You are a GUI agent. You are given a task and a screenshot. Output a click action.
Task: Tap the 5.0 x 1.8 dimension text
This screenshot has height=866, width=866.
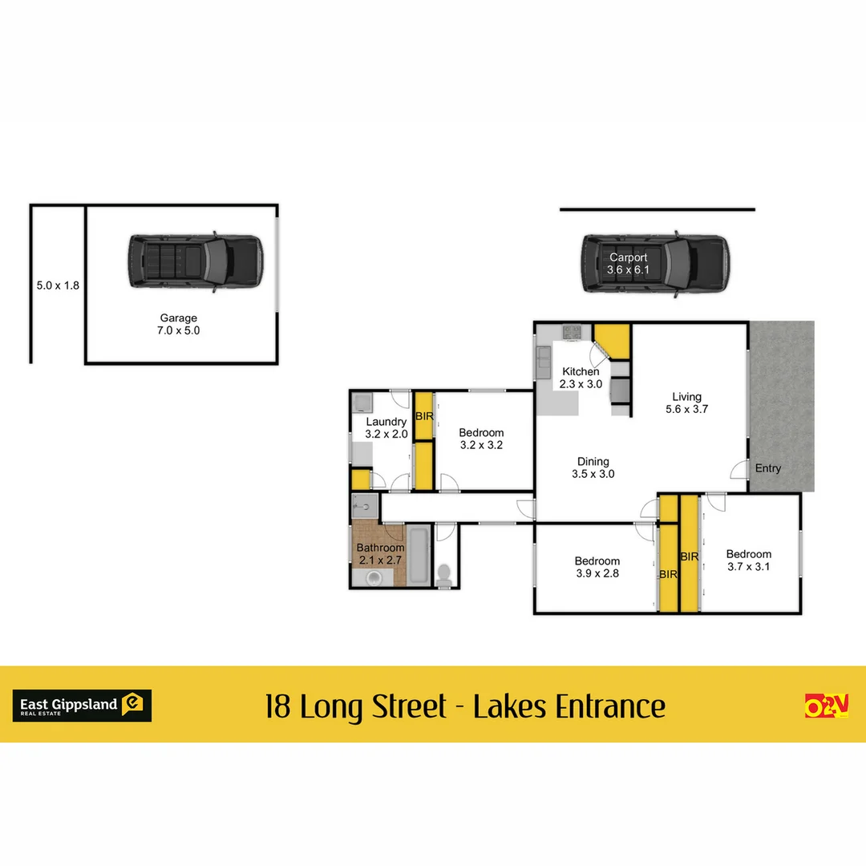(58, 285)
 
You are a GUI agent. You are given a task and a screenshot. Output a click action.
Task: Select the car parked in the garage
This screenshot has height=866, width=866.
(194, 262)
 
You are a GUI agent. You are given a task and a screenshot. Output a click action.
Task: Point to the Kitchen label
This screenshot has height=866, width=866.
(580, 378)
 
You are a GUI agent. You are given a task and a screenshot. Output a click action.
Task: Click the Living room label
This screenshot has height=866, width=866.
(686, 403)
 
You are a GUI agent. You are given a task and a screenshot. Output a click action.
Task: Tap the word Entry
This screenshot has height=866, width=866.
(767, 468)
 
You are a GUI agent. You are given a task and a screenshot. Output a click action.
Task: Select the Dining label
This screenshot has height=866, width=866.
(593, 467)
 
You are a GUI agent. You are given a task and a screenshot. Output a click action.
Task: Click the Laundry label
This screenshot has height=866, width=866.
(386, 427)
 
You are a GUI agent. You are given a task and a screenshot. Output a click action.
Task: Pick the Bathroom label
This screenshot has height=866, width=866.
(380, 554)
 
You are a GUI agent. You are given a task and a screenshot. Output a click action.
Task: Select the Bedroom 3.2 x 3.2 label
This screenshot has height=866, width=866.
(481, 439)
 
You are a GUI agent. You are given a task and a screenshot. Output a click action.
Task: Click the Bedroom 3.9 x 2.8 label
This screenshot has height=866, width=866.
(597, 567)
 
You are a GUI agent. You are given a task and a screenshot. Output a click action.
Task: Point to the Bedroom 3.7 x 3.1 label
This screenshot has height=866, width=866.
(749, 560)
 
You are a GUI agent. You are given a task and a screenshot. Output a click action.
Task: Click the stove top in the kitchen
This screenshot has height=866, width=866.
(572, 331)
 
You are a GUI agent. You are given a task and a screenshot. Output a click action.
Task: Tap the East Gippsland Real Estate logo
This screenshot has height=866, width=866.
(82, 706)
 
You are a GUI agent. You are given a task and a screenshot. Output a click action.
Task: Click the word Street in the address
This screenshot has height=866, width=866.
(410, 707)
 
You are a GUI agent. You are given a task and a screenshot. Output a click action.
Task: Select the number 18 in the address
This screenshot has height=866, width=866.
(278, 707)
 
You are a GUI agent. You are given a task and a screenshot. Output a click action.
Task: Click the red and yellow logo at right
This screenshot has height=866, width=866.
(826, 705)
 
